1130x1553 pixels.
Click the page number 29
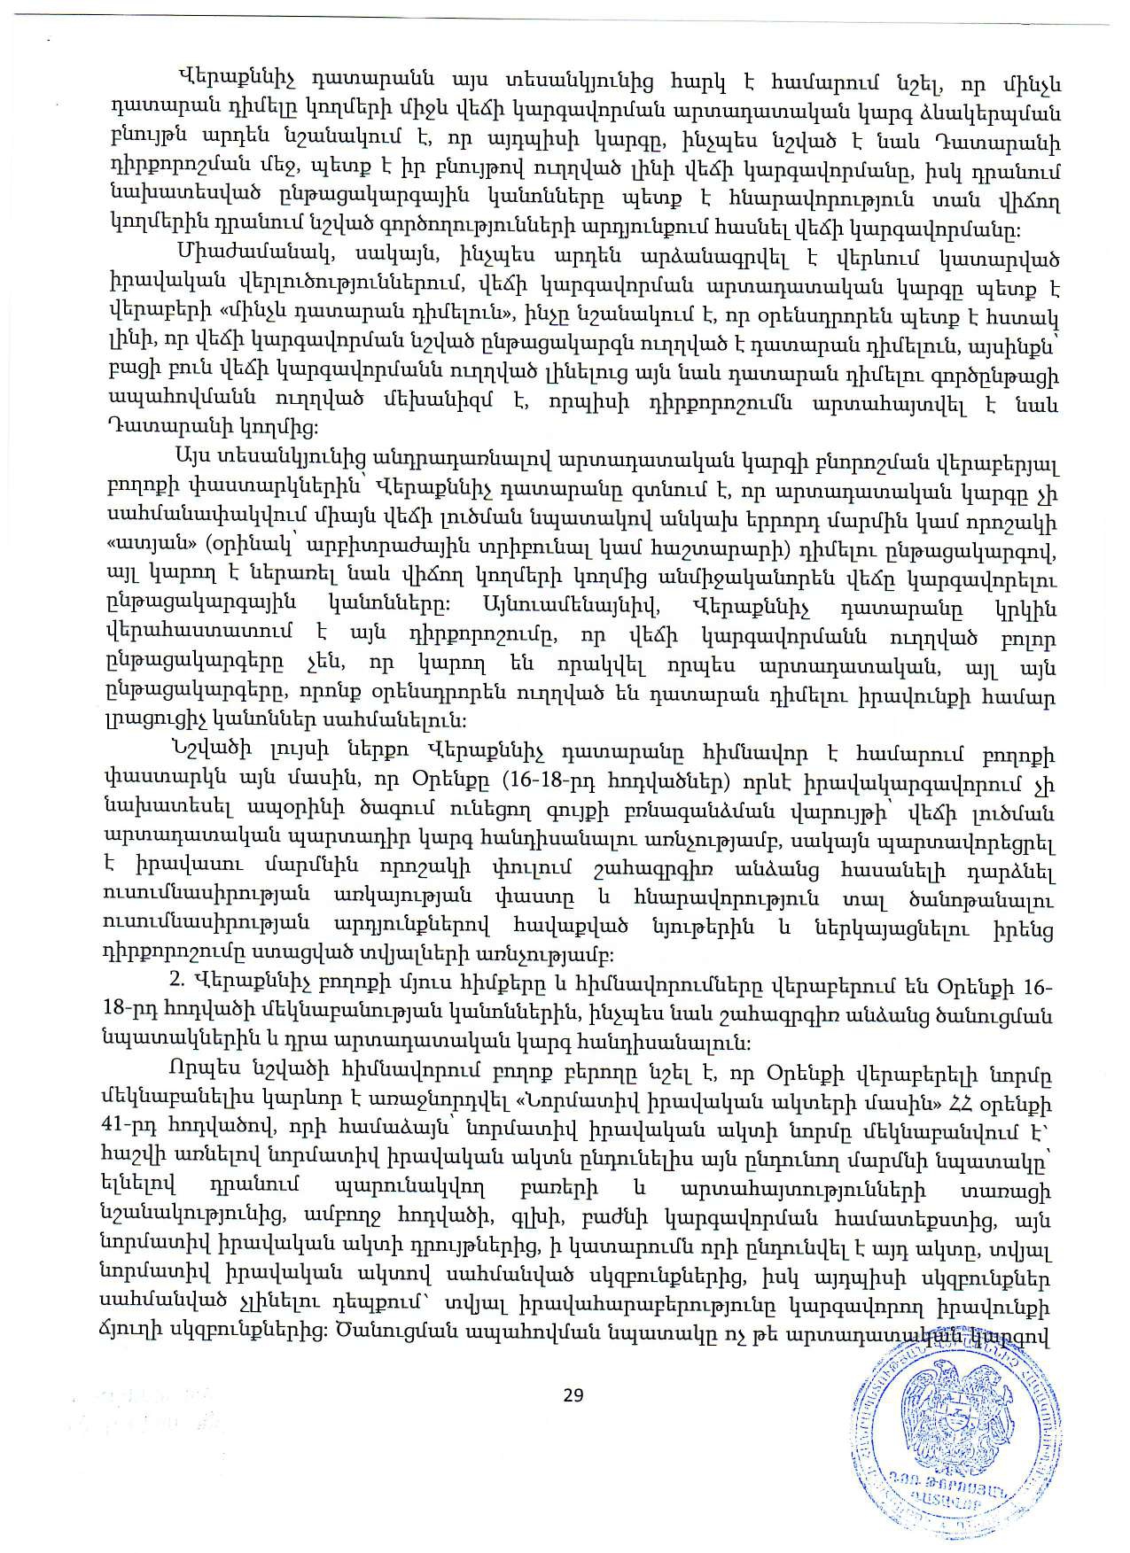(573, 1395)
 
